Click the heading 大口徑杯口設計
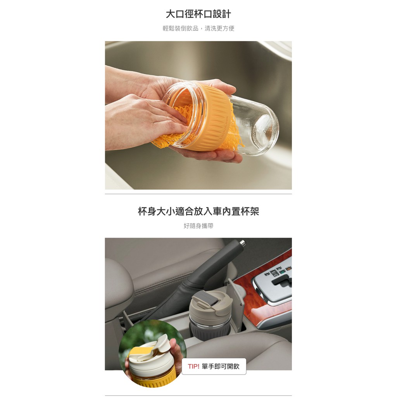coord(198,14)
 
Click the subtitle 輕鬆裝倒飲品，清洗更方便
coord(198,28)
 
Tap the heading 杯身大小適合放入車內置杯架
coord(198,211)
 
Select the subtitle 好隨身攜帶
coord(198,226)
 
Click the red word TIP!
coord(194,366)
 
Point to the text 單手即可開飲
coord(221,366)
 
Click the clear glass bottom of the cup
coord(266,132)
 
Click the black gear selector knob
coord(282,281)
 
